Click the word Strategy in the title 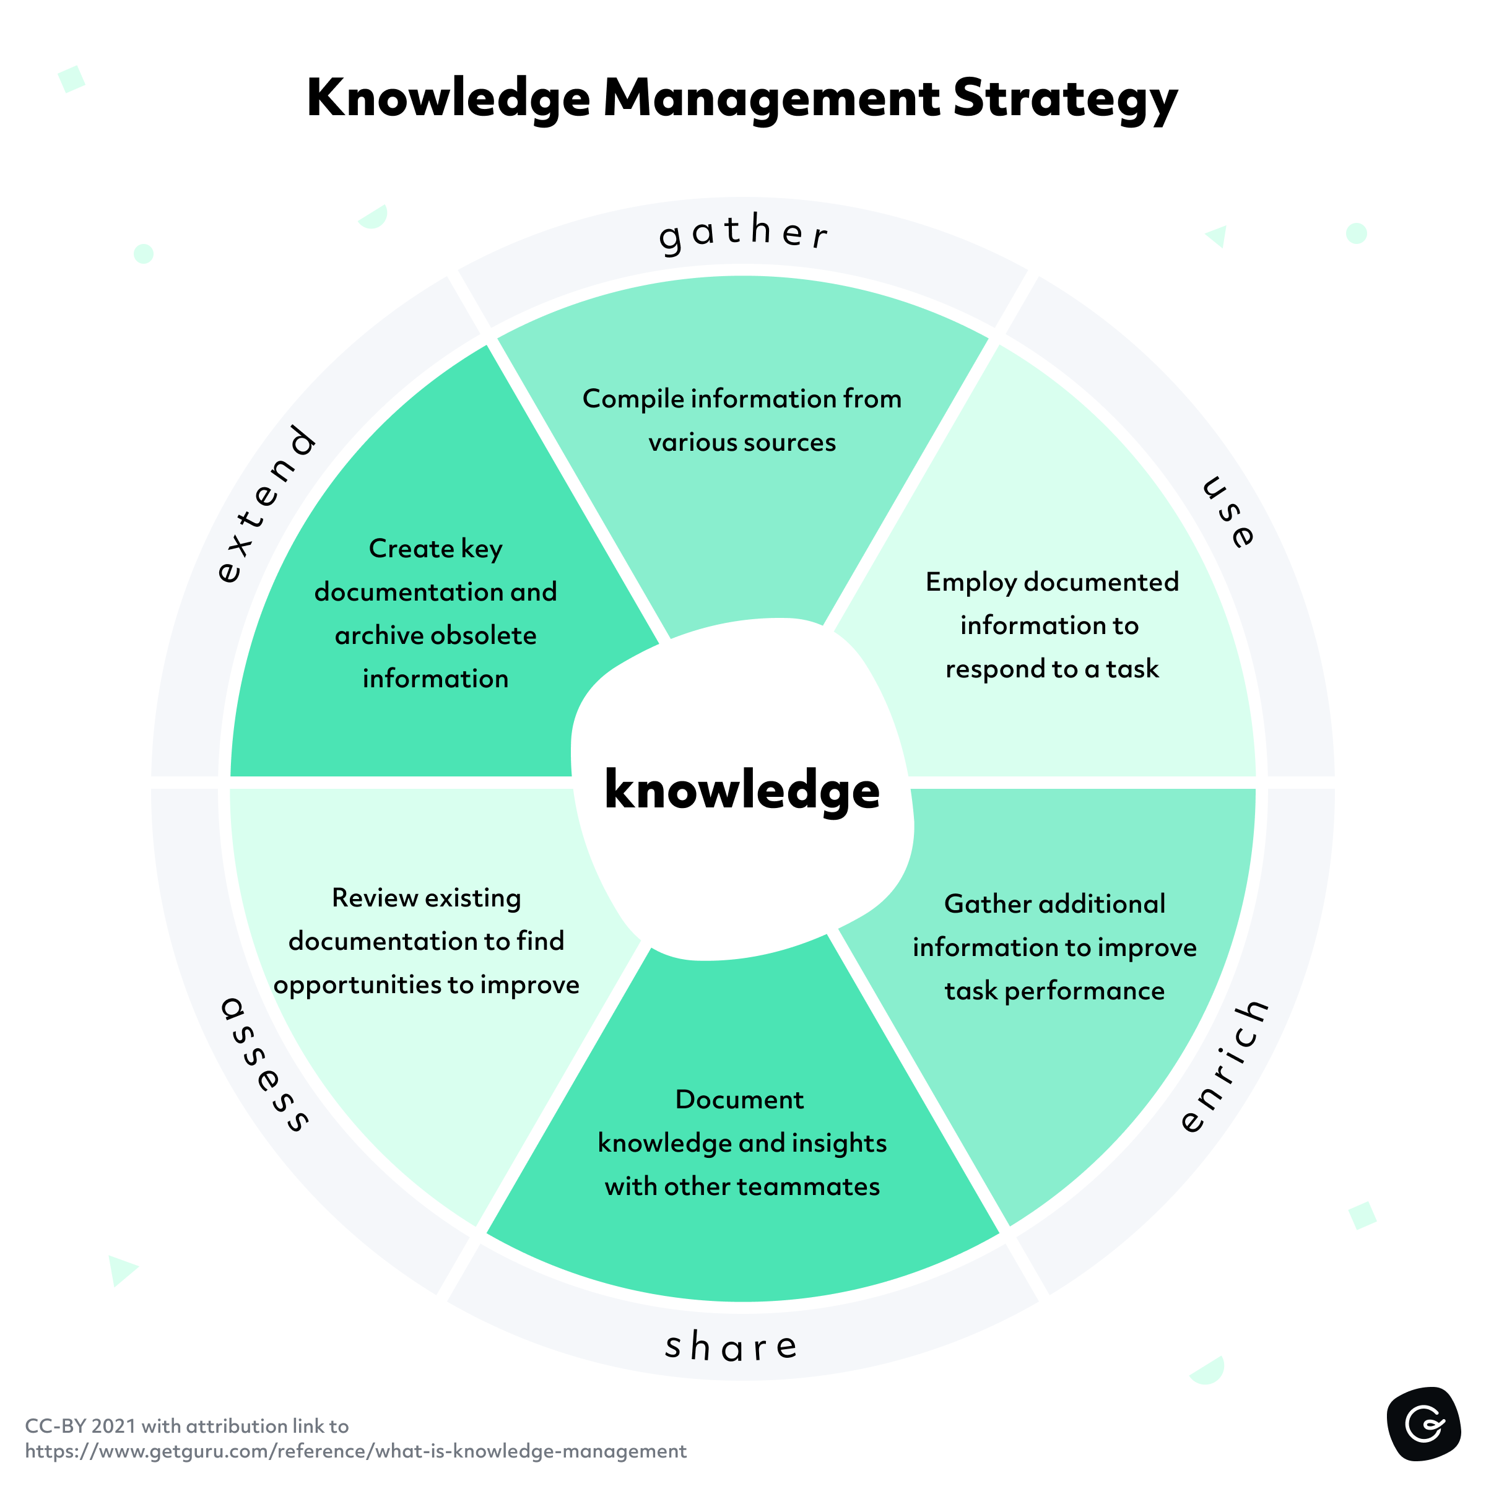click(x=1064, y=100)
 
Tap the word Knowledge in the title click(x=448, y=100)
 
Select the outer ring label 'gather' click(x=743, y=232)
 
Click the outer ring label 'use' click(x=1228, y=511)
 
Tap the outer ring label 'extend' click(x=266, y=504)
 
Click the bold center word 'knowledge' click(x=742, y=790)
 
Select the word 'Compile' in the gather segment click(x=632, y=399)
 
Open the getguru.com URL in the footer click(x=355, y=1451)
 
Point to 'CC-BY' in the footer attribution click(x=54, y=1426)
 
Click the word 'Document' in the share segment click(x=739, y=1100)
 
